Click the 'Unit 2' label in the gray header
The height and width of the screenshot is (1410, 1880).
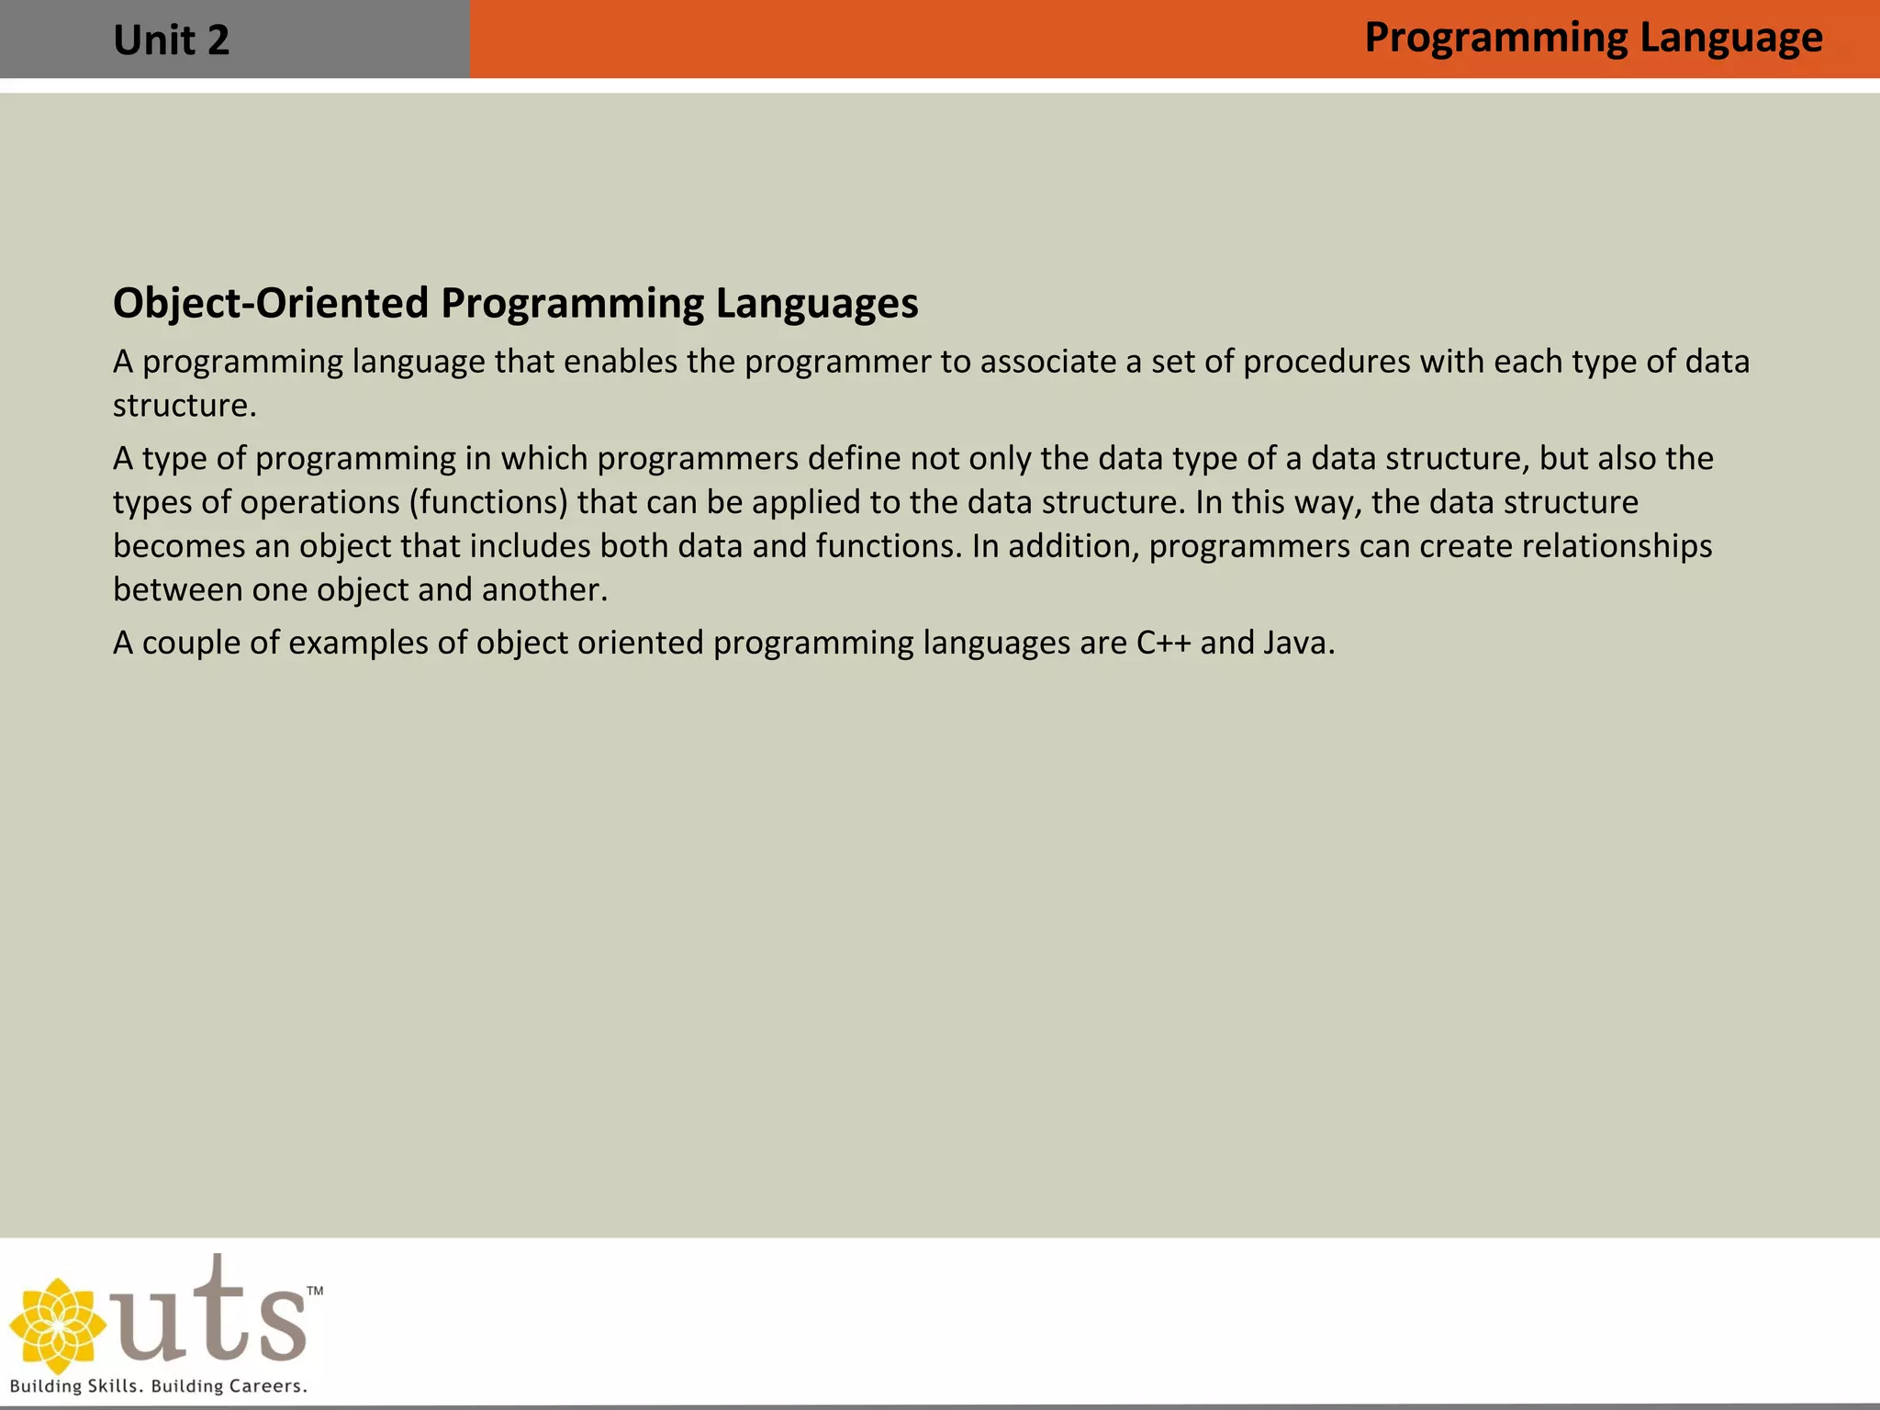171,40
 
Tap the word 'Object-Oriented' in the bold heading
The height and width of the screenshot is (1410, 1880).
271,303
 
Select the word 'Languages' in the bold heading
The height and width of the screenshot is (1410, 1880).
816,303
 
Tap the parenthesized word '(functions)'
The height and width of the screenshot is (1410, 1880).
488,502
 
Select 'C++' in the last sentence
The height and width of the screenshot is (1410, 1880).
1163,643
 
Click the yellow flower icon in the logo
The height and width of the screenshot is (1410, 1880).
57,1326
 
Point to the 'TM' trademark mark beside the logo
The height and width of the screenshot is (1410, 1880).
315,1291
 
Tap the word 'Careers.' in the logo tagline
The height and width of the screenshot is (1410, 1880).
267,1386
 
